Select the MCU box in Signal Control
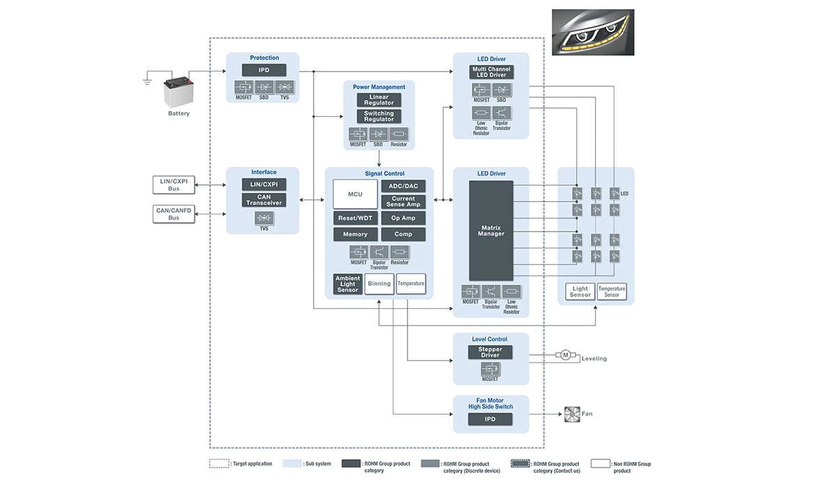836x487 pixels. [x=355, y=193]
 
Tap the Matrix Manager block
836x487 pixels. [x=491, y=230]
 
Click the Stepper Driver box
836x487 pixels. [x=490, y=352]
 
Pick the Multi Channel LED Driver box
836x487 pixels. [x=491, y=72]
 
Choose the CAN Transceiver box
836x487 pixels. [x=264, y=200]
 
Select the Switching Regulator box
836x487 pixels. [x=379, y=116]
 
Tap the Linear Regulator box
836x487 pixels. [x=379, y=100]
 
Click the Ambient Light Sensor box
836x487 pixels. [x=348, y=284]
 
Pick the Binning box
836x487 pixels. [x=379, y=284]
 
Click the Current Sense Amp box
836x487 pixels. [x=403, y=202]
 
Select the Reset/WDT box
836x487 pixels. [x=355, y=218]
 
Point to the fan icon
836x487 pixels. [x=571, y=414]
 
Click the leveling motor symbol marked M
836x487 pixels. [x=566, y=356]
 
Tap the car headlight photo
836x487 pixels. [x=593, y=32]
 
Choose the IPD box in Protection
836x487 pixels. [x=264, y=70]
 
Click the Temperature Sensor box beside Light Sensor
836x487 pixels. [x=612, y=292]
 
